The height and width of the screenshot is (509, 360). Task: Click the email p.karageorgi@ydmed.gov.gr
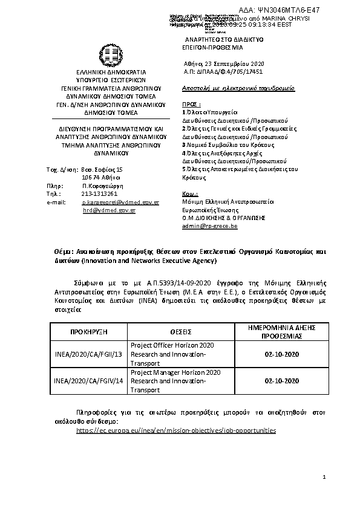click(x=120, y=202)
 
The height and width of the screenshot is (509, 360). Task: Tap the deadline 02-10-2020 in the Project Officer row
click(x=281, y=354)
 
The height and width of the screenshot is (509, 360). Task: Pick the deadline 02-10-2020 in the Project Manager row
click(x=281, y=381)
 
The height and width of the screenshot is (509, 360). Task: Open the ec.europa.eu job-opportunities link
click(x=176, y=430)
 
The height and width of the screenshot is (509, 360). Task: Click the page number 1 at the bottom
click(x=324, y=478)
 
